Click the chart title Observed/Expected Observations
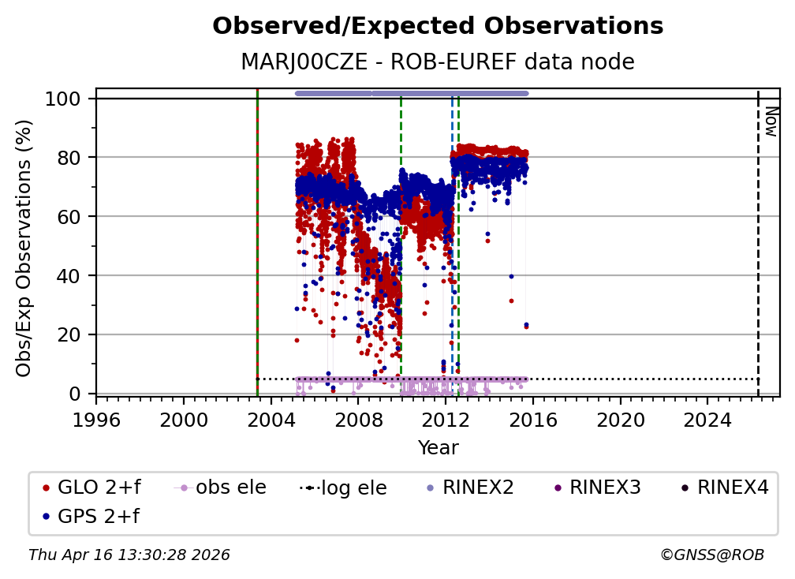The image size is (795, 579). pyautogui.click(x=438, y=26)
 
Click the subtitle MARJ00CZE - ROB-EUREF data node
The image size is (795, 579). pyautogui.click(x=438, y=62)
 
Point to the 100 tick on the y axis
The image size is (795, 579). pyautogui.click(x=63, y=99)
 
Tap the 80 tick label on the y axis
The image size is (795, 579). pyautogui.click(x=69, y=158)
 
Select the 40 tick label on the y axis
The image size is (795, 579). pyautogui.click(x=69, y=276)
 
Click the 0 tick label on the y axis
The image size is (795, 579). pyautogui.click(x=75, y=394)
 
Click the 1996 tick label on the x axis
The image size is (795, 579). pyautogui.click(x=96, y=420)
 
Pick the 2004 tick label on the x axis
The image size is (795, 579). pyautogui.click(x=271, y=420)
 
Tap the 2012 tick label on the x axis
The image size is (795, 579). pyautogui.click(x=446, y=420)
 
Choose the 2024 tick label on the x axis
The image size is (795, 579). pyautogui.click(x=707, y=420)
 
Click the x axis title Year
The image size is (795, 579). pyautogui.click(x=438, y=448)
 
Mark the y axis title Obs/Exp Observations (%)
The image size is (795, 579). pyautogui.click(x=24, y=248)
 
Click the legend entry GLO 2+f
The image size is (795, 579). pyautogui.click(x=91, y=487)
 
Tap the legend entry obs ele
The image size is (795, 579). pyautogui.click(x=220, y=487)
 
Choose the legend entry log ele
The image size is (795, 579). pyautogui.click(x=343, y=487)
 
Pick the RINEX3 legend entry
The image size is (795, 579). pyautogui.click(x=599, y=487)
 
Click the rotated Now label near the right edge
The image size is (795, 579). pyautogui.click(x=771, y=121)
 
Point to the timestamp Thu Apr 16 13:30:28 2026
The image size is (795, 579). pyautogui.click(x=129, y=555)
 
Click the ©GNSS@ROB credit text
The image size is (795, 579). pyautogui.click(x=712, y=555)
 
